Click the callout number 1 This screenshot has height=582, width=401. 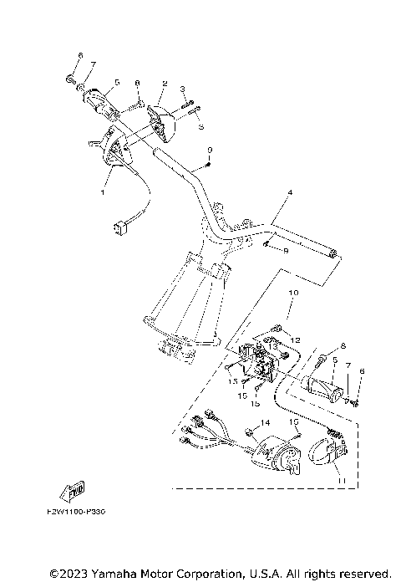click(104, 192)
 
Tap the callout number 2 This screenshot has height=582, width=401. click(165, 84)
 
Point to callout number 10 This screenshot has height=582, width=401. click(292, 294)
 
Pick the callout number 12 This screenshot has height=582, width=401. click(295, 339)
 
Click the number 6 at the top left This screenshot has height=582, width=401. click(80, 56)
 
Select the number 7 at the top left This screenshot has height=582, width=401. click(93, 65)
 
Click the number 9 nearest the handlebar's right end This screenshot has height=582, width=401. click(284, 250)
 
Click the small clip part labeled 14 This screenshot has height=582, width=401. click(251, 432)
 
